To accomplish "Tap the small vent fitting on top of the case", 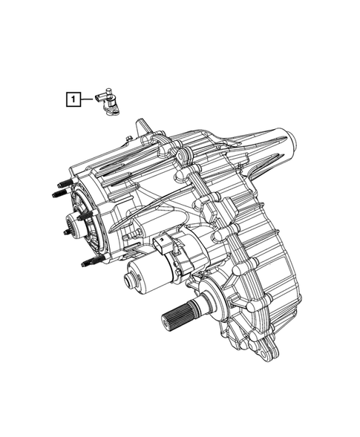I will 131,139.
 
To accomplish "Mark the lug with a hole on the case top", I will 180,158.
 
